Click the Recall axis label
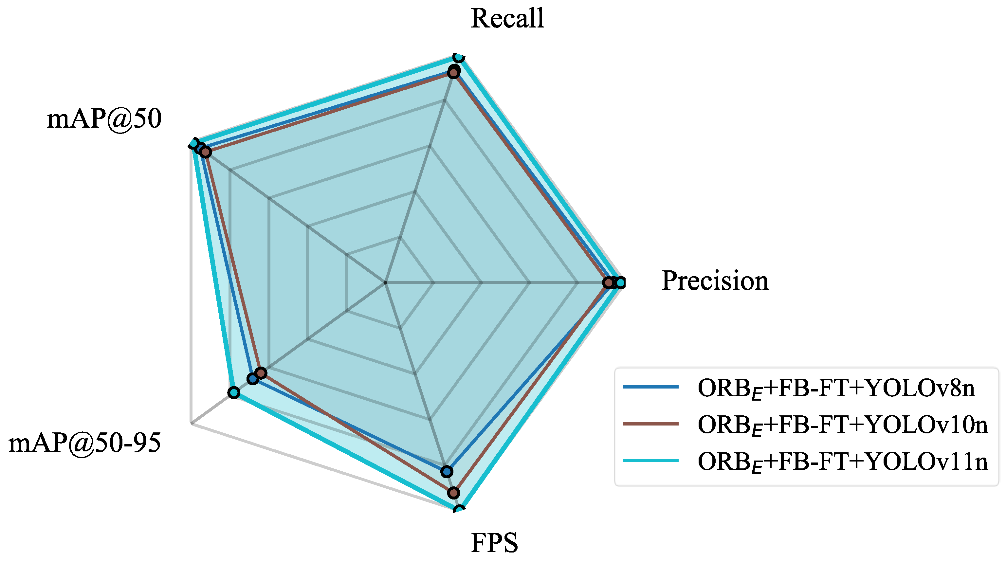pos(507,18)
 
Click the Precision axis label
pos(715,281)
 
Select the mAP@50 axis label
pos(104,119)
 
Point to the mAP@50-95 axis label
pos(84,443)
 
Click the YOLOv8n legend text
pos(836,389)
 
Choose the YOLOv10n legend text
pos(842,425)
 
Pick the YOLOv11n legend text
pos(842,462)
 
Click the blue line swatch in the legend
pos(650,387)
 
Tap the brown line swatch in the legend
pos(650,424)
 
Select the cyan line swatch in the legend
pos(650,461)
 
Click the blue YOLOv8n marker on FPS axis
pos(447,472)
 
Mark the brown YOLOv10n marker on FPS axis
pos(453,493)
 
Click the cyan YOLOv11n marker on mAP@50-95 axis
pos(233,392)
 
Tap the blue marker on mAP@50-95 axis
pos(252,379)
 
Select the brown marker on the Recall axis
pos(453,72)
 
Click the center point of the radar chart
pos(385,282)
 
